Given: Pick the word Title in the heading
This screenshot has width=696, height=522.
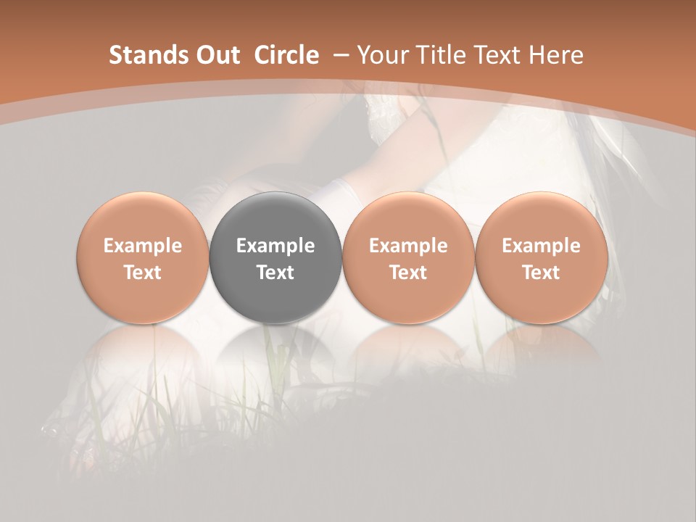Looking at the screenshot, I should pyautogui.click(x=442, y=55).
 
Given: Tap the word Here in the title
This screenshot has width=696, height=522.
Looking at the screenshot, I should pyautogui.click(x=557, y=55).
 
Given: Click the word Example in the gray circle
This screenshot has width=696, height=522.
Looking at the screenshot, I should pyautogui.click(x=275, y=246).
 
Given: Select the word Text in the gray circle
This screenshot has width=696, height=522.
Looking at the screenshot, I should pyautogui.click(x=275, y=273).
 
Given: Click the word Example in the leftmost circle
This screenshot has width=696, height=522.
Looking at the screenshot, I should pyautogui.click(x=143, y=246).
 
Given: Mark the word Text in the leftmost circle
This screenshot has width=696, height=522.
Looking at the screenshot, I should pyautogui.click(x=143, y=273).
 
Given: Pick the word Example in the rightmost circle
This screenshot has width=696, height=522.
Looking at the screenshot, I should pyautogui.click(x=541, y=246).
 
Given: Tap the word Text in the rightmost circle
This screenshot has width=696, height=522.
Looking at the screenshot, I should pyautogui.click(x=541, y=273).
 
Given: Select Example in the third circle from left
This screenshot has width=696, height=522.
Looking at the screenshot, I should pyautogui.click(x=408, y=246).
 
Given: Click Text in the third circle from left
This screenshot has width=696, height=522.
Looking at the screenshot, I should pyautogui.click(x=408, y=273).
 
